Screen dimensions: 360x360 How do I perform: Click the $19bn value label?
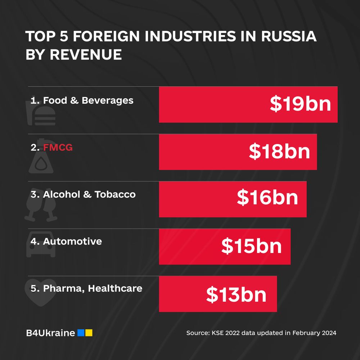[x=300, y=104]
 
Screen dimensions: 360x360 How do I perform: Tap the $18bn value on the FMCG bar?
[x=279, y=152]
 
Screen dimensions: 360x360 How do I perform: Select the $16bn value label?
[x=267, y=198]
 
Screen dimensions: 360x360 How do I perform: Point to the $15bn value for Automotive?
[x=251, y=246]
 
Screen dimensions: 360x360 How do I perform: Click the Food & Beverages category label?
[x=82, y=100]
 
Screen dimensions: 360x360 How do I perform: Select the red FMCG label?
[x=58, y=147]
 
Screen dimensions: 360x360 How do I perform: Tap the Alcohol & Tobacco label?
[x=83, y=194]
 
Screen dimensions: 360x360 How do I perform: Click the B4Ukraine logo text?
[x=50, y=333]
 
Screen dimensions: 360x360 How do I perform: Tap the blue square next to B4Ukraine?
[x=81, y=333]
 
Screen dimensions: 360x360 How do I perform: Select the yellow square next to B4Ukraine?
[x=89, y=333]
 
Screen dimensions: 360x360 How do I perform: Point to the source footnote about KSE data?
[x=261, y=333]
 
